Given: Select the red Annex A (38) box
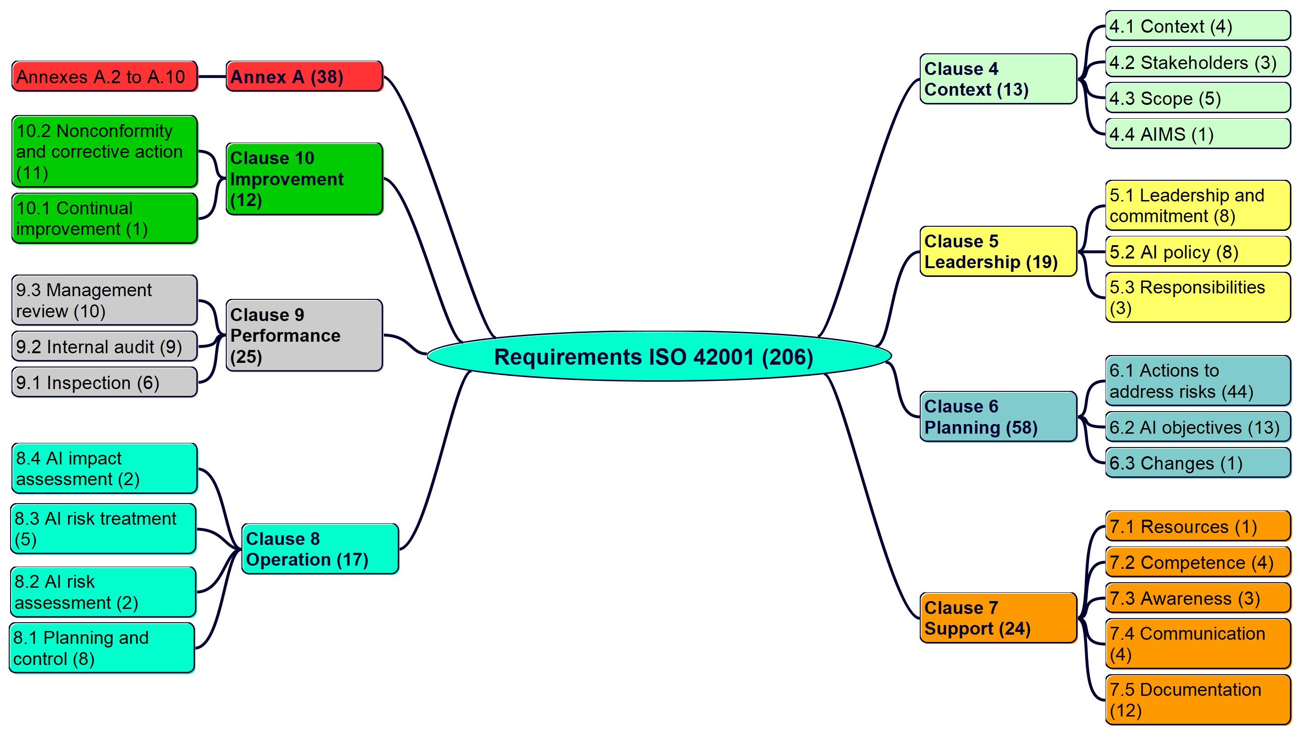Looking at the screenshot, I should tap(304, 77).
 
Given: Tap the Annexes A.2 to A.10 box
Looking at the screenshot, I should tap(104, 77).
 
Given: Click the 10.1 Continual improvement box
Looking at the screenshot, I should tap(104, 218).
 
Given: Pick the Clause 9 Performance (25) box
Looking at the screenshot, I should tap(304, 335).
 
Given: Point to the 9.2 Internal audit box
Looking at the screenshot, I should tap(104, 347).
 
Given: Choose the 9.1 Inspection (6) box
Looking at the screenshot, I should tap(104, 383).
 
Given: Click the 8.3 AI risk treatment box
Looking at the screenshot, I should tap(103, 528).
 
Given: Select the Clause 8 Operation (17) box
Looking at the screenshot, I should tap(320, 549).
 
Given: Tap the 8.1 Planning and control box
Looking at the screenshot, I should tap(102, 648).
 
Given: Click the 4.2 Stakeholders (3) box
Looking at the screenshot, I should tap(1198, 63).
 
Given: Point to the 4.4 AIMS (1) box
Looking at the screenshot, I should tap(1198, 134).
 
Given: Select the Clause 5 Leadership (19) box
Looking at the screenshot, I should tap(998, 252).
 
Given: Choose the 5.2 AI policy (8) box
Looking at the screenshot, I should tap(1198, 252).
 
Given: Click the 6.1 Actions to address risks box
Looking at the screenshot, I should tap(1198, 381).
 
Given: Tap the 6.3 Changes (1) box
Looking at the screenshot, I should tap(1198, 463).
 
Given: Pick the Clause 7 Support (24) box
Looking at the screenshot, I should tap(998, 618).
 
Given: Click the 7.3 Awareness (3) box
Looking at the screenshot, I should tap(1198, 598).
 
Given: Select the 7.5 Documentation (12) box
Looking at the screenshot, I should tap(1198, 700).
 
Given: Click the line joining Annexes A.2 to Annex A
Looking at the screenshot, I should tap(212, 77).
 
